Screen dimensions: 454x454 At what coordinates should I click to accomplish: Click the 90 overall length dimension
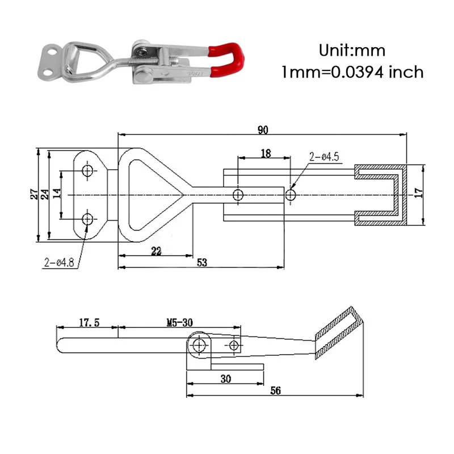[262, 130]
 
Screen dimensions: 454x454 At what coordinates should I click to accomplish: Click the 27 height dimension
[34, 194]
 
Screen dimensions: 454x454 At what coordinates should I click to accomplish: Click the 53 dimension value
[202, 262]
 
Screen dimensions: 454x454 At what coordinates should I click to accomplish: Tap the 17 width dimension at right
[419, 193]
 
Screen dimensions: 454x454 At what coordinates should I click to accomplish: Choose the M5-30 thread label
[180, 322]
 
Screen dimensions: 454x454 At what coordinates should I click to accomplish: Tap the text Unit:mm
[352, 51]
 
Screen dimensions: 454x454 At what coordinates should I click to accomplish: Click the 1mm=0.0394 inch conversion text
[352, 72]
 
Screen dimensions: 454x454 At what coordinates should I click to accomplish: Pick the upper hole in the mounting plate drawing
[87, 171]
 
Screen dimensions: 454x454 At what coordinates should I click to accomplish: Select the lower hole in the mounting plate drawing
[87, 218]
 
